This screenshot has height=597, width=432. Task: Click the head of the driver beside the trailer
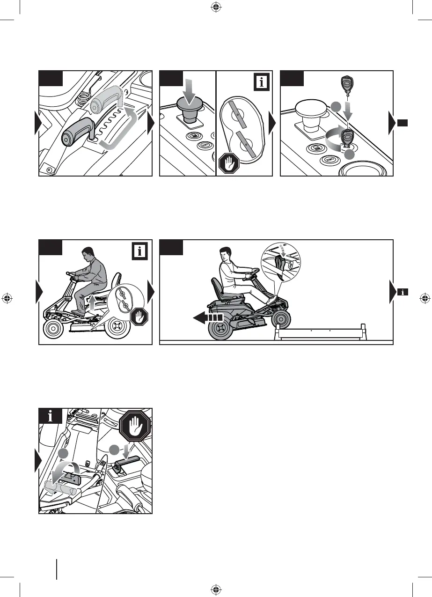[x=227, y=257]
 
